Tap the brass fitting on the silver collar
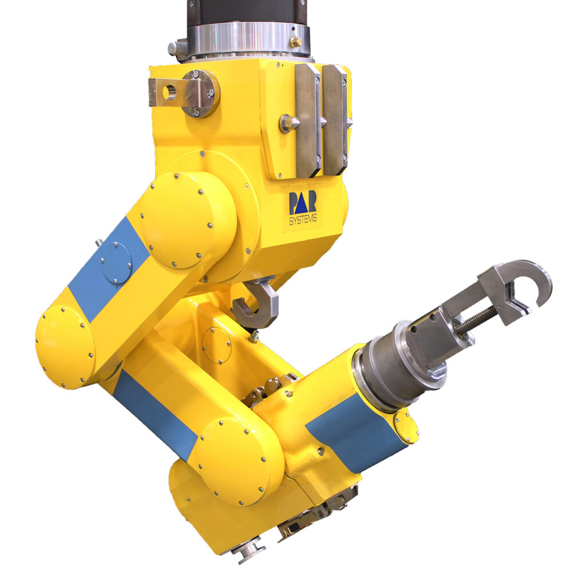295,42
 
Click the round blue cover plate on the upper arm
116,263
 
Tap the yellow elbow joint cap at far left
65,347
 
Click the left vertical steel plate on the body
308,120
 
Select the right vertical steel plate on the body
334,119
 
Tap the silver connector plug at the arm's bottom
250,551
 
